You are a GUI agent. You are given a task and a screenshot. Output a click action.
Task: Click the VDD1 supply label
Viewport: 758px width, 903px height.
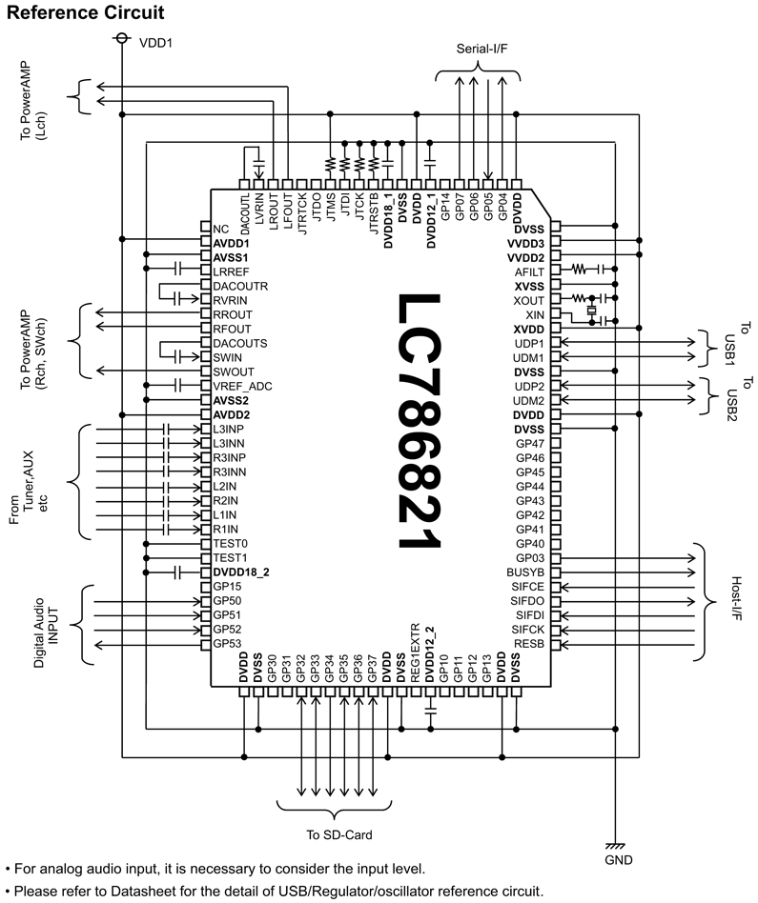point(157,42)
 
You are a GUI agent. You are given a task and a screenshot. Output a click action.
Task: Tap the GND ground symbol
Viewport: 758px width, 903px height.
point(616,846)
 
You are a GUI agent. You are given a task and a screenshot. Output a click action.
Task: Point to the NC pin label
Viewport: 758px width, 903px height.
point(221,230)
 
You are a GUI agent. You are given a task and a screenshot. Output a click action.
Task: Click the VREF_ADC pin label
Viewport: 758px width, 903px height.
point(244,386)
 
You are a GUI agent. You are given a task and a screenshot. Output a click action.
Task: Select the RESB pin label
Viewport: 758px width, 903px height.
point(528,644)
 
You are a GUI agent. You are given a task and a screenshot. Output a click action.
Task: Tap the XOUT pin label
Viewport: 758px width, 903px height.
point(528,300)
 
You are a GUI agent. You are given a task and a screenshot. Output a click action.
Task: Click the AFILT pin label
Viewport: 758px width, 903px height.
point(528,271)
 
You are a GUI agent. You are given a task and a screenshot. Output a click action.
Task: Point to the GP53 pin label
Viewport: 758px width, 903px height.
point(227,644)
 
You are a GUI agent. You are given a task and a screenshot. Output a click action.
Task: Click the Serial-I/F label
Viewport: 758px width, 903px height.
point(480,49)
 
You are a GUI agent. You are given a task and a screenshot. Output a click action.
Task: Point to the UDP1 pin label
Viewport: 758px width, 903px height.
point(528,343)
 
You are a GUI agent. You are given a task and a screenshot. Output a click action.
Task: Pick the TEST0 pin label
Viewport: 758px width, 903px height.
point(230,543)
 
